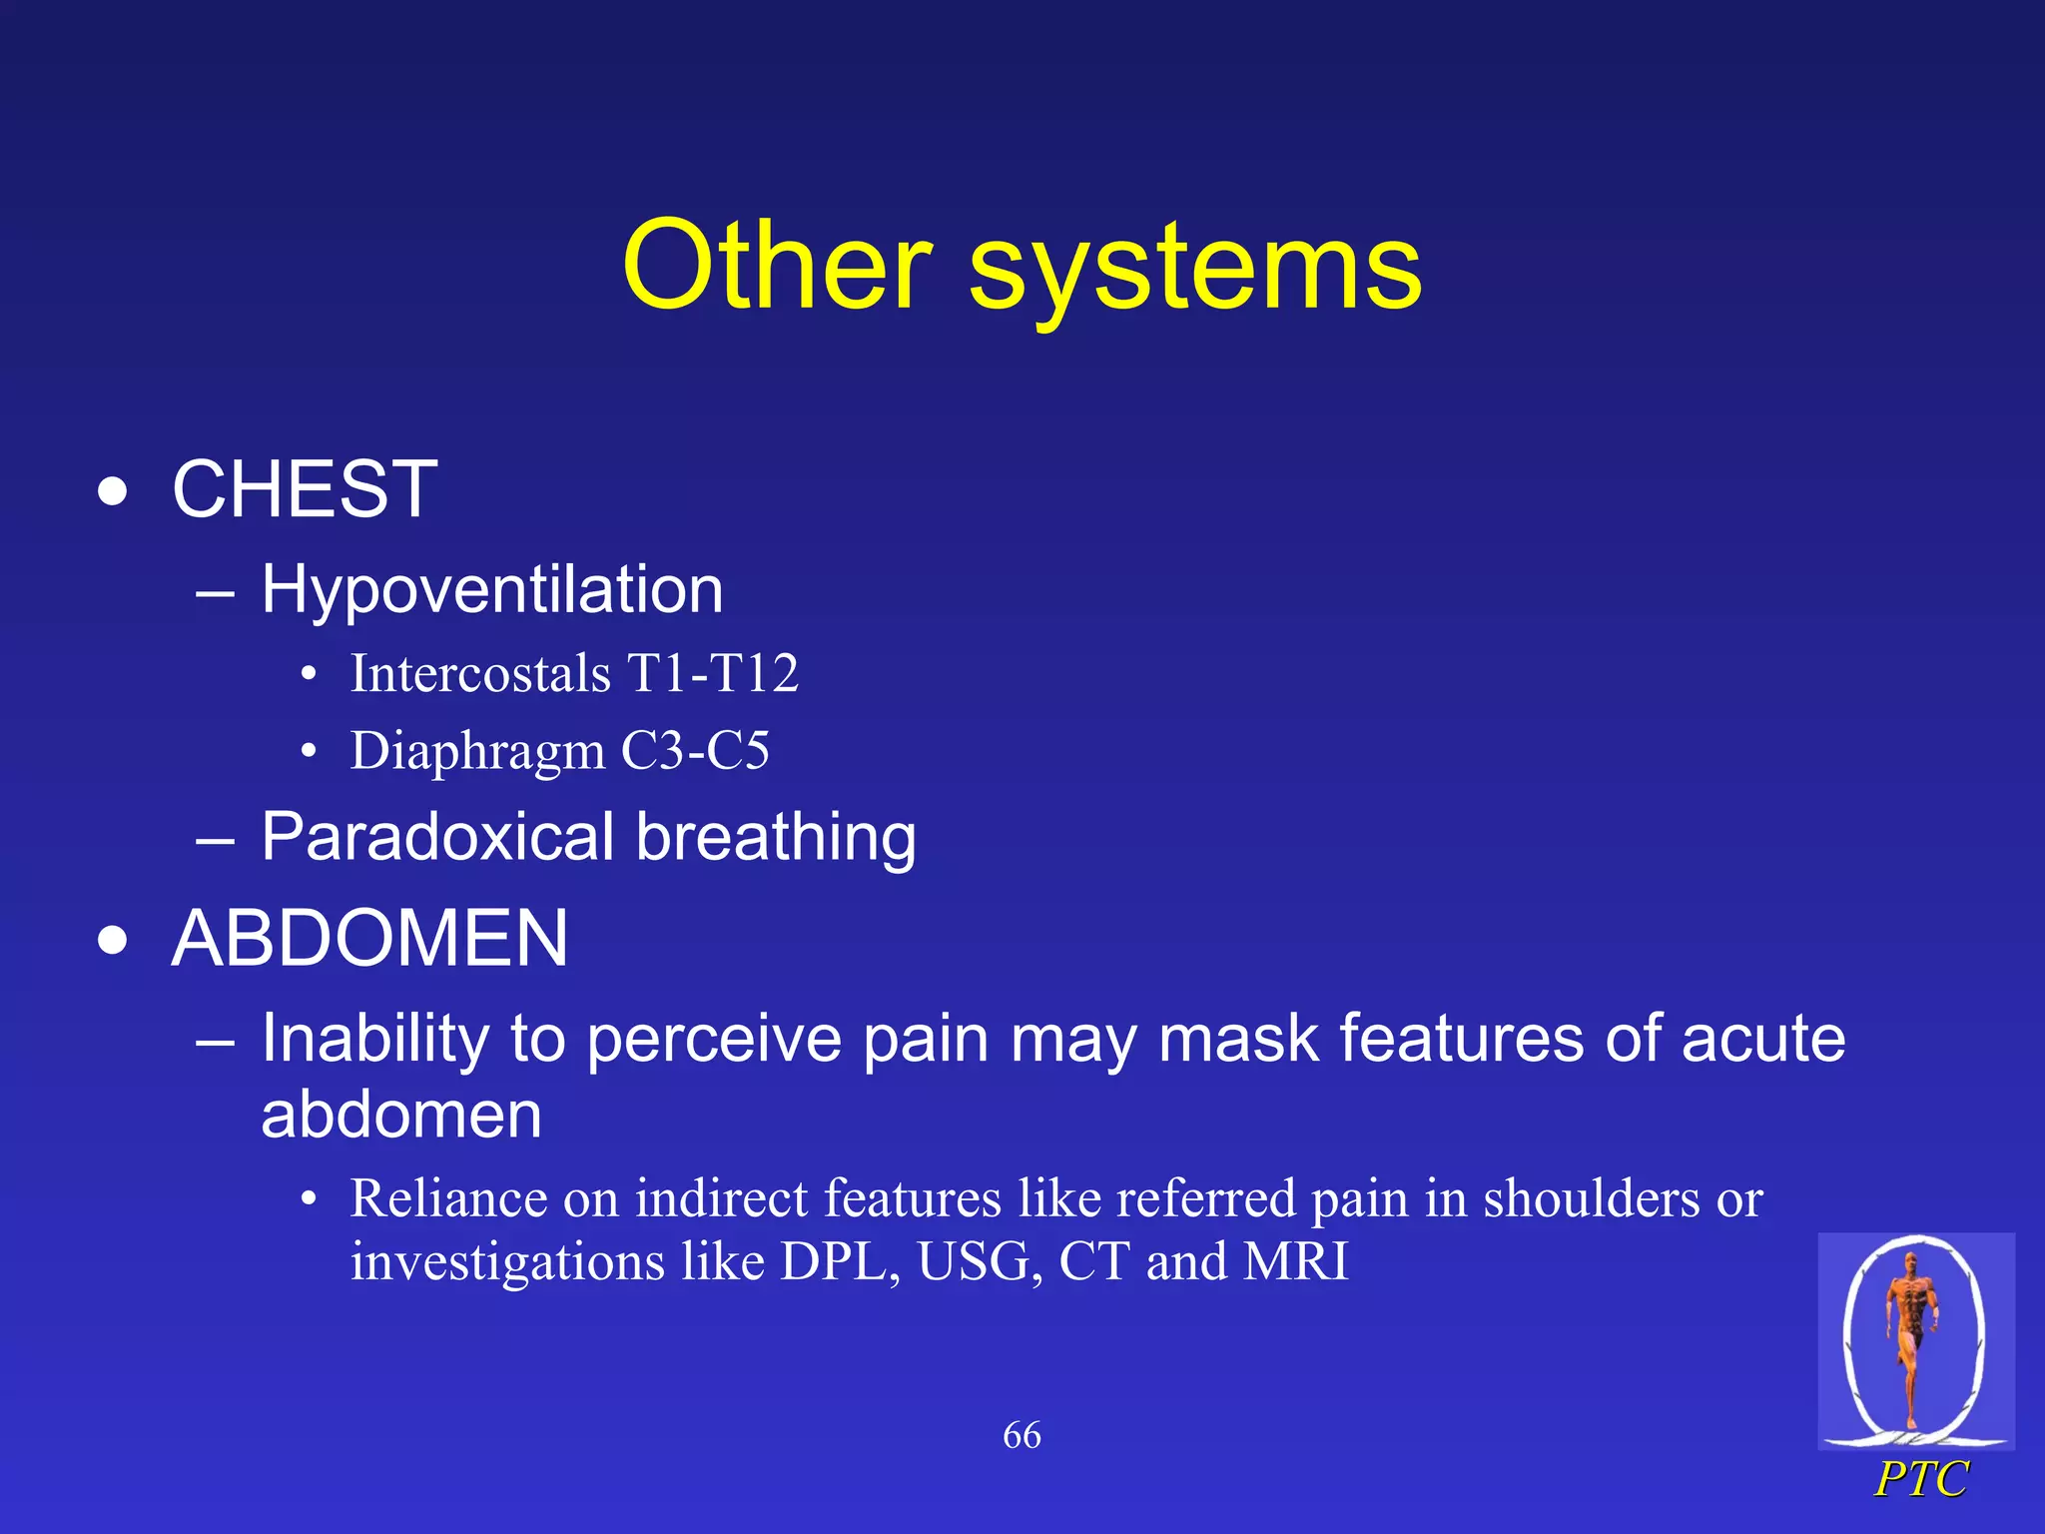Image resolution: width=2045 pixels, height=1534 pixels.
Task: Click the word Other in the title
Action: tap(777, 267)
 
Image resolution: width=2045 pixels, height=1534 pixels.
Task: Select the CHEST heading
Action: tap(305, 489)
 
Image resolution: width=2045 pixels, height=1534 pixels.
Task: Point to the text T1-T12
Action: tap(713, 673)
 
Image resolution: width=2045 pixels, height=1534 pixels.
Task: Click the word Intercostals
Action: tap(480, 673)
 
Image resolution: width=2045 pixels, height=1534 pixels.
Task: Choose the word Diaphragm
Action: tap(477, 751)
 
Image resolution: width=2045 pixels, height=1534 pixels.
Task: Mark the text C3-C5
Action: tap(695, 751)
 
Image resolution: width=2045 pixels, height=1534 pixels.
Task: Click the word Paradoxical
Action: tap(437, 837)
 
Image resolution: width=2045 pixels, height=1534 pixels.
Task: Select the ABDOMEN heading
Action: tap(369, 939)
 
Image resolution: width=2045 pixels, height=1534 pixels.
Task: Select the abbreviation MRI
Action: tap(1296, 1261)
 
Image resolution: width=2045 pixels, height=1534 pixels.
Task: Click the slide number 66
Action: tap(1022, 1436)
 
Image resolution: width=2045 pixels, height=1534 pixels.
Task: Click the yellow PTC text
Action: tap(1920, 1479)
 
